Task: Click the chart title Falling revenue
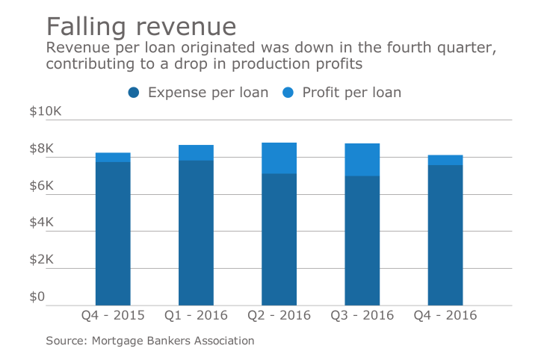[x=141, y=26]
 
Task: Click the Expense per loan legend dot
[x=135, y=93]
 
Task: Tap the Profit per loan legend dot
[x=288, y=93]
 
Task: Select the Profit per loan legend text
[x=351, y=93]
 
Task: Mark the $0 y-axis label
[x=38, y=297]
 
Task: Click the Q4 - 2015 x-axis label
[x=112, y=316]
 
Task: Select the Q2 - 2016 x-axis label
[x=279, y=316]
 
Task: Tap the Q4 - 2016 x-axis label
[x=445, y=316]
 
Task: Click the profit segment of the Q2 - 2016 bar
[x=279, y=158]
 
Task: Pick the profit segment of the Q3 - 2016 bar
[x=362, y=159]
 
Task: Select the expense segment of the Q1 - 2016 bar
[x=196, y=232]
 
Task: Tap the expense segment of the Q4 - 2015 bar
[x=113, y=233]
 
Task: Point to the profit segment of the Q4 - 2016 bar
[x=445, y=160]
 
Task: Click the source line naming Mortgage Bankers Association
[x=150, y=341]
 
